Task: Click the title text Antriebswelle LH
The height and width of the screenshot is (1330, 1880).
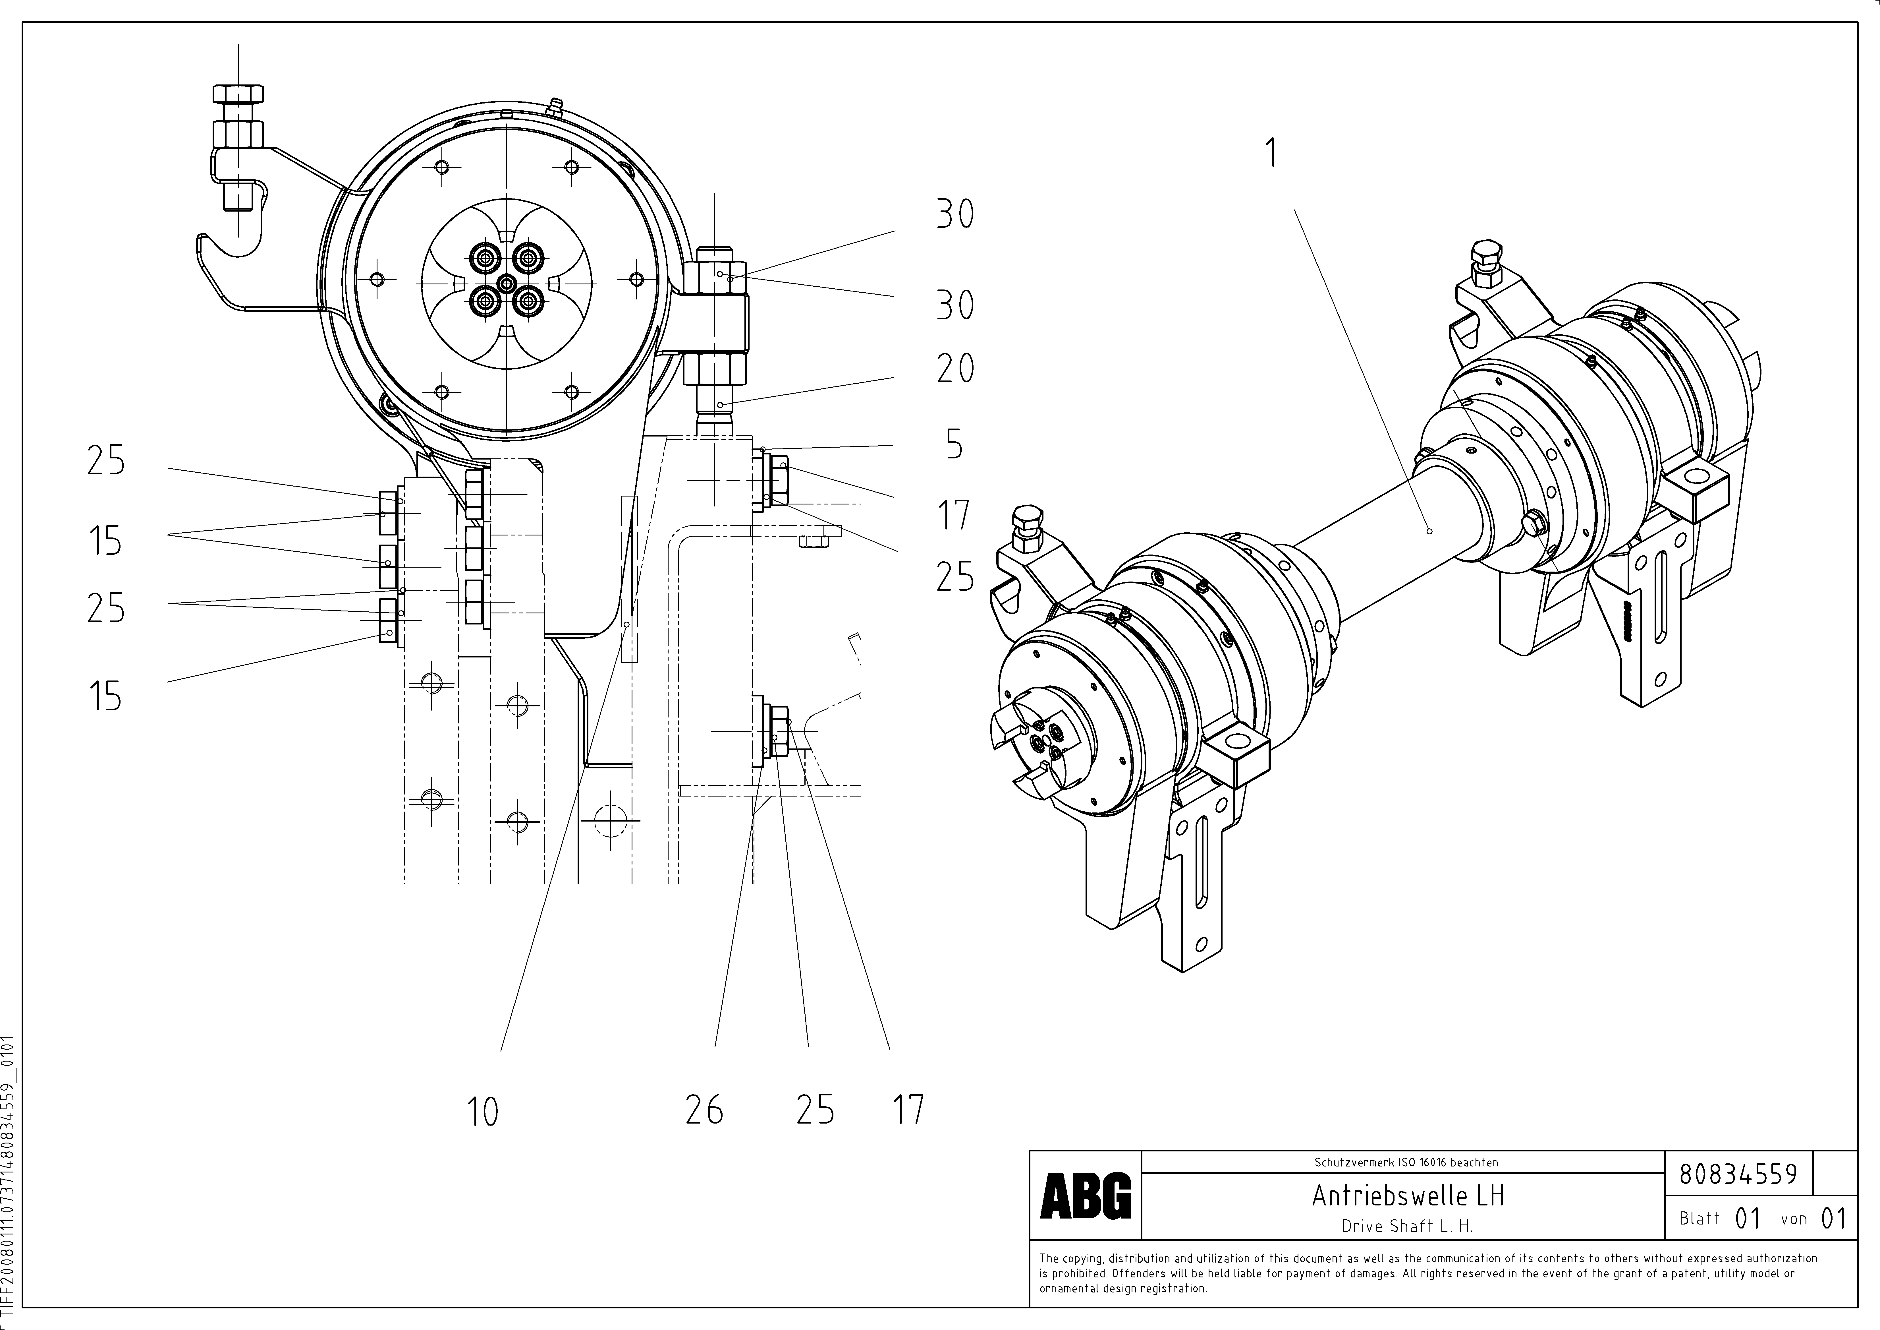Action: [1408, 1196]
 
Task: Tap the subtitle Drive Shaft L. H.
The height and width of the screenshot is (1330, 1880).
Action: [1407, 1226]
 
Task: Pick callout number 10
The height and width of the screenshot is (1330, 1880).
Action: [482, 1111]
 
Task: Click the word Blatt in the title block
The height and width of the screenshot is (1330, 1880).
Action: [1699, 1219]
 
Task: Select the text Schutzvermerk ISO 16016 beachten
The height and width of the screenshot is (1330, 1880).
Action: [1407, 1162]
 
